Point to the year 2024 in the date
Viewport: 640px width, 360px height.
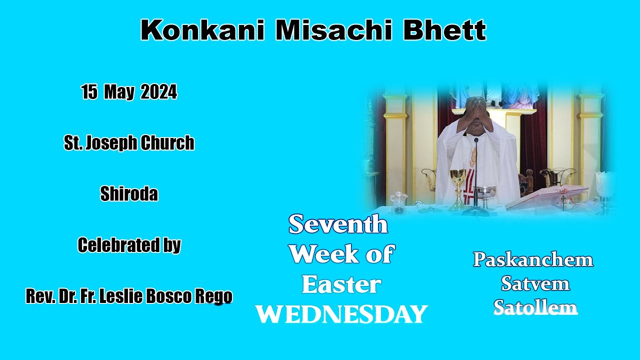[158, 92]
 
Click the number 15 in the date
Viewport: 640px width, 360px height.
[89, 92]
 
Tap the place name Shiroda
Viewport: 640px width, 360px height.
[129, 194]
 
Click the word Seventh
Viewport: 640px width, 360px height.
[338, 224]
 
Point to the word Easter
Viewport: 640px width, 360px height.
[341, 284]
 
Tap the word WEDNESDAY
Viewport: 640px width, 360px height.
[341, 314]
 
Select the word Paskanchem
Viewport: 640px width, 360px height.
[533, 259]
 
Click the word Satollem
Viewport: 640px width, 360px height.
[535, 307]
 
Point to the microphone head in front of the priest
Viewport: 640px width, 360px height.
[475, 140]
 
